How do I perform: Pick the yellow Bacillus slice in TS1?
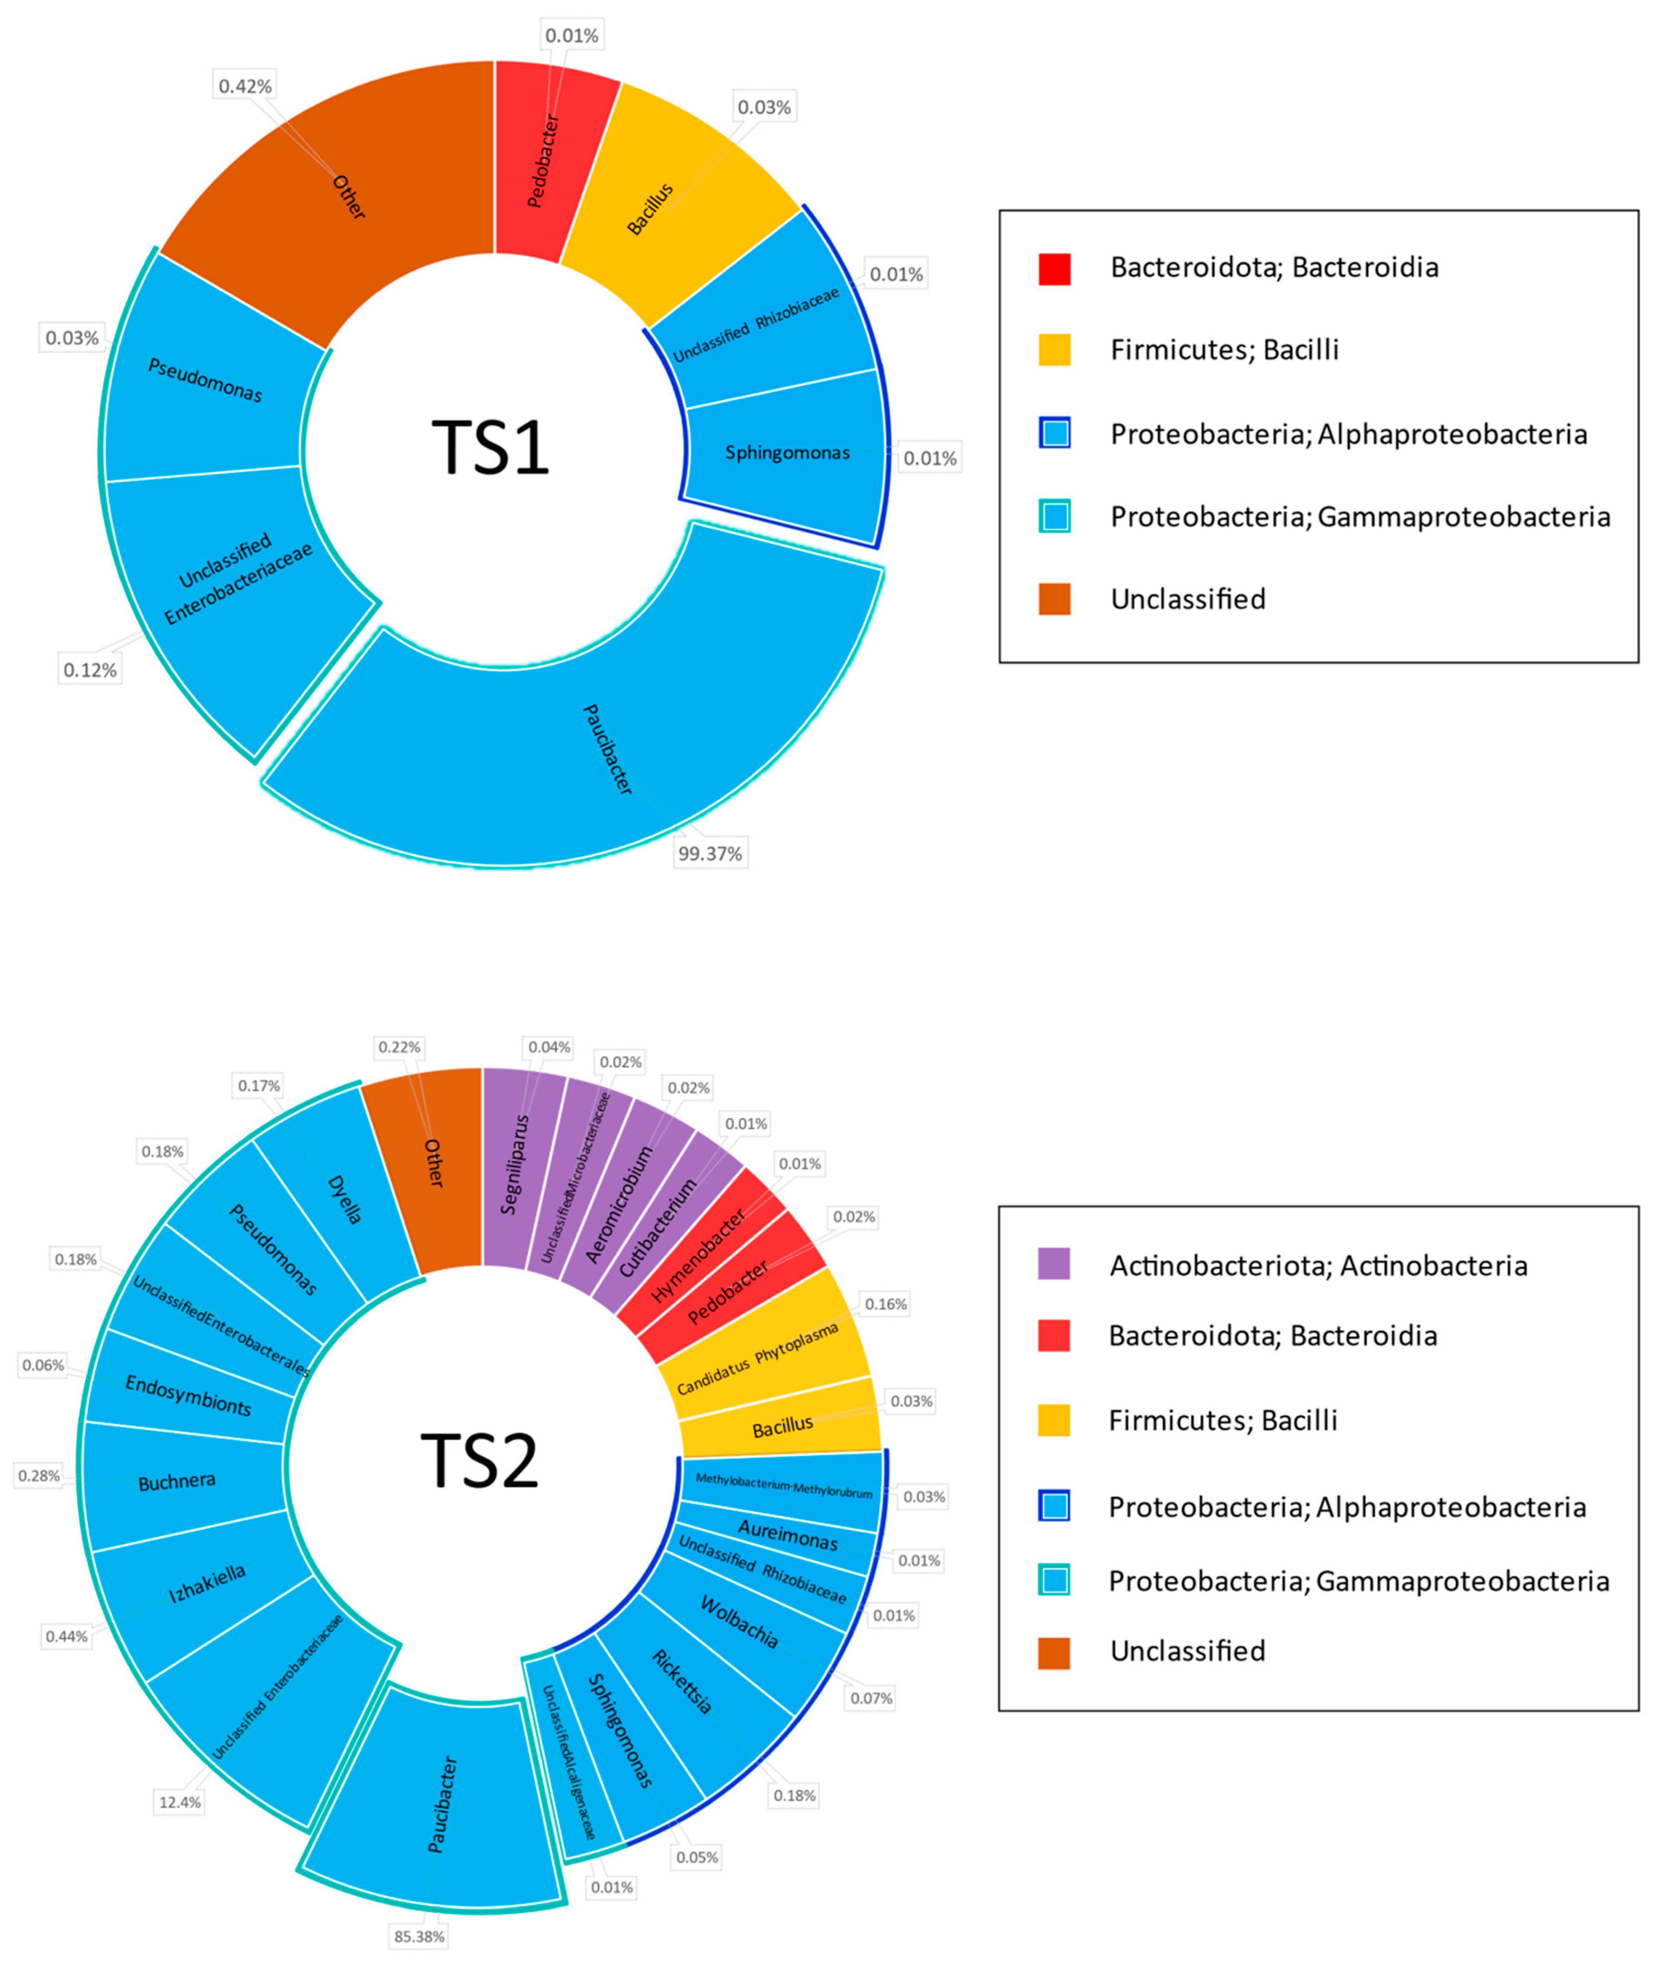659,198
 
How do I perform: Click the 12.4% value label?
179,1802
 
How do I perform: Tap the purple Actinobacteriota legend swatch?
1054,1264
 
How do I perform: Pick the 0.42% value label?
245,87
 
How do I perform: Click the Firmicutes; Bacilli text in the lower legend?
1222,1420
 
